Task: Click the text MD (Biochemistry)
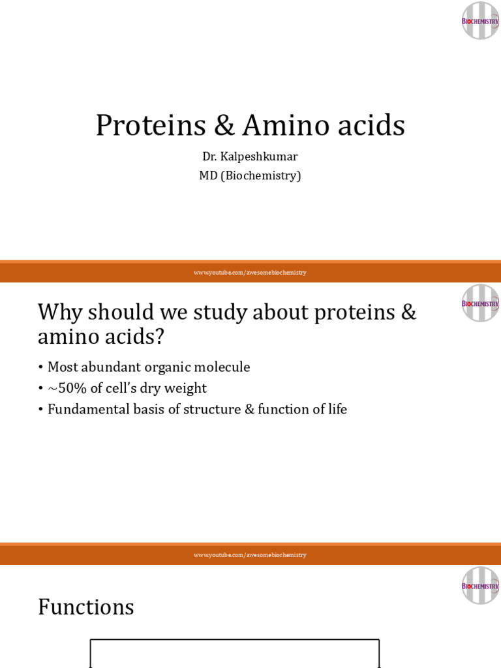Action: click(250, 175)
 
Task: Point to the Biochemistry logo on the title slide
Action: click(480, 21)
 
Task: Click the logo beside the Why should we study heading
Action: click(480, 303)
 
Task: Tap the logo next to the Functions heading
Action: click(480, 585)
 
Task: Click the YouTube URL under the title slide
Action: click(250, 273)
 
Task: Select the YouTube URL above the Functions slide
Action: click(250, 555)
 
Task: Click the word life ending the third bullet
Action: click(337, 410)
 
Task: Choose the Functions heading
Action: click(86, 607)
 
